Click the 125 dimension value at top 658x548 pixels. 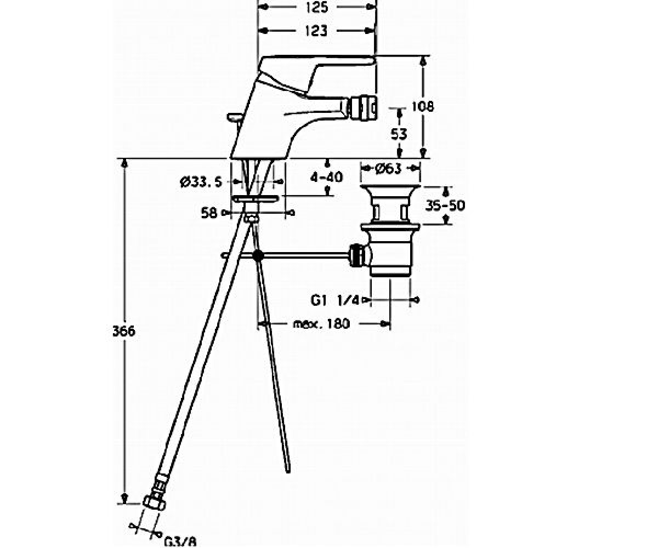click(317, 7)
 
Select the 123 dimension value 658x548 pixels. click(316, 31)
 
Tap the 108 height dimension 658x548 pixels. click(423, 106)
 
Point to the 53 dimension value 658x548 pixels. click(399, 134)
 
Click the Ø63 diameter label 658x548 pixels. click(389, 169)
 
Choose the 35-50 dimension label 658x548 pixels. click(445, 206)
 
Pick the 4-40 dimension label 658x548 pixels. click(326, 177)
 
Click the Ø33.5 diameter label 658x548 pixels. click(201, 182)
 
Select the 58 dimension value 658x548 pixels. click(209, 213)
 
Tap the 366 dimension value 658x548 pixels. click(124, 331)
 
